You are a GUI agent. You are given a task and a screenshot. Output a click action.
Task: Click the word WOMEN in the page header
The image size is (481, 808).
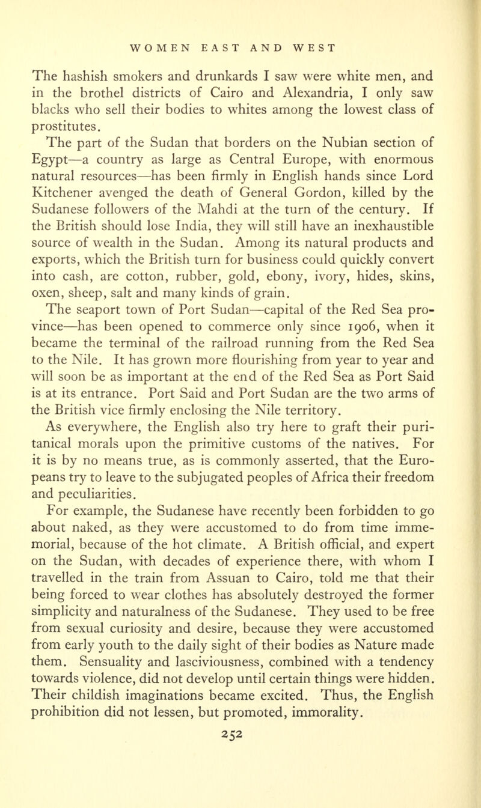point(156,45)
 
